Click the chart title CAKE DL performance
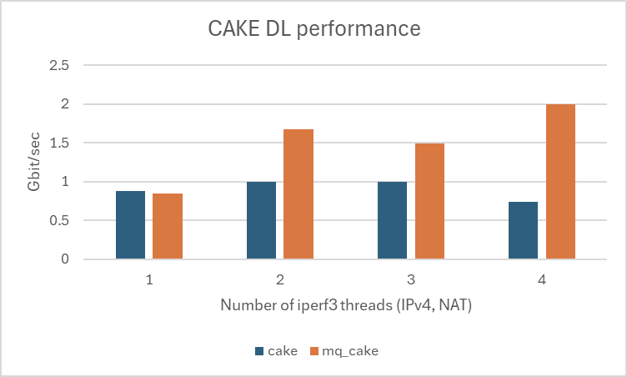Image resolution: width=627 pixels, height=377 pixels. tap(313, 30)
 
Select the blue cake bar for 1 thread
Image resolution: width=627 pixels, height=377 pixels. tap(131, 225)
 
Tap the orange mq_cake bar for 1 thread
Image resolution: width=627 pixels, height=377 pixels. tap(168, 226)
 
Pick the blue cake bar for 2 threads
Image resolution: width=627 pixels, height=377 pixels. tap(262, 220)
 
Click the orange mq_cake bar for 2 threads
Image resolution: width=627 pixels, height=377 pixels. tap(298, 194)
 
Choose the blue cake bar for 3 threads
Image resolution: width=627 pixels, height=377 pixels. tap(393, 220)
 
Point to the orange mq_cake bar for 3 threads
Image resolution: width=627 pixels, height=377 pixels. tap(429, 201)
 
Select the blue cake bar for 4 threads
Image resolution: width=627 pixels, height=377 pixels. tap(524, 230)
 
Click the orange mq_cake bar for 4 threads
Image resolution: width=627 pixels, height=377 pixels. tap(560, 182)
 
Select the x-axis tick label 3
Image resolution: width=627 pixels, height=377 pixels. tap(411, 280)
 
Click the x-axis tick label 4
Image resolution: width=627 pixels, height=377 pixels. tap(542, 280)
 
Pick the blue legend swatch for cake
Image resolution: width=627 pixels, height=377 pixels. tap(259, 351)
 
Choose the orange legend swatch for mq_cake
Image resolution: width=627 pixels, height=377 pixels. tap(315, 351)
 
